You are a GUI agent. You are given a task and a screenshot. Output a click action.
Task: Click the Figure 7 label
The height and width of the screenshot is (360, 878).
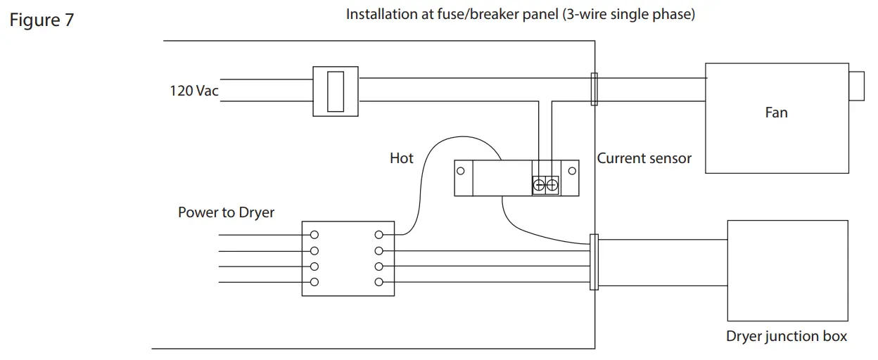(42, 20)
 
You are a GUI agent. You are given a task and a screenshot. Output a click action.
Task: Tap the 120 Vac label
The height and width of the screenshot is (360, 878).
(191, 91)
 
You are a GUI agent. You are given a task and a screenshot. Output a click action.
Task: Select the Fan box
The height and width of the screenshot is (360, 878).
(776, 118)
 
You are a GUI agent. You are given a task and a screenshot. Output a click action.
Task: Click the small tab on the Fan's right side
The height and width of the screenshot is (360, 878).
(856, 86)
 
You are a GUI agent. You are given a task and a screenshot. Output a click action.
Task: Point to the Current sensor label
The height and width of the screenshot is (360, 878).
(644, 158)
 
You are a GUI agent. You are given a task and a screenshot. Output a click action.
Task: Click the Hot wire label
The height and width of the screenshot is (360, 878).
(402, 158)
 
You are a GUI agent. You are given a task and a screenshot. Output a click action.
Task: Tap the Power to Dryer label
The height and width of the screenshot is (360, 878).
(226, 212)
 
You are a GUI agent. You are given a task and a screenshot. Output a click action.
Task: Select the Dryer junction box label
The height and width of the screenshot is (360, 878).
(786, 336)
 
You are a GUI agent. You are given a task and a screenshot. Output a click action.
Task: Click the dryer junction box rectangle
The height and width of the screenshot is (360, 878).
(786, 270)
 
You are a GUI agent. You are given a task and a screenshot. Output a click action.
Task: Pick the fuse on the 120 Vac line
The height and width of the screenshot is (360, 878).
(336, 91)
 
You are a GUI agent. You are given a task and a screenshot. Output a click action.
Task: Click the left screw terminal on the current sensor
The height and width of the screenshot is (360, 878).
(540, 186)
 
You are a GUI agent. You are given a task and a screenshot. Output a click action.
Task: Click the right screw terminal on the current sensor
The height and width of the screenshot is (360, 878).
(552, 186)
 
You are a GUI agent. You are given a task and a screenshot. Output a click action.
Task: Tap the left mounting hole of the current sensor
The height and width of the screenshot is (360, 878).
(460, 171)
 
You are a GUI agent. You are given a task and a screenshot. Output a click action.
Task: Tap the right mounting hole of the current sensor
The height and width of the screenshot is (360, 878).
(572, 171)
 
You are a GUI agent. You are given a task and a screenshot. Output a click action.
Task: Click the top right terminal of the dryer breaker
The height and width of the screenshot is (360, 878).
(379, 235)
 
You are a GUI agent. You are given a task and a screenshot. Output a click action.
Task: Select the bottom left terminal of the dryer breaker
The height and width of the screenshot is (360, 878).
(314, 282)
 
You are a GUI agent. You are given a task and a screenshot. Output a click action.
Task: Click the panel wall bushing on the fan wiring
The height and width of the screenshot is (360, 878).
(594, 89)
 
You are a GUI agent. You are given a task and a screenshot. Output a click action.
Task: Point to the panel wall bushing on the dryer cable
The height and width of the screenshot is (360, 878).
(594, 262)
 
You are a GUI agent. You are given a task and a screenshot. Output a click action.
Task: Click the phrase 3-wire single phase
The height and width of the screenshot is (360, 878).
(628, 15)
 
